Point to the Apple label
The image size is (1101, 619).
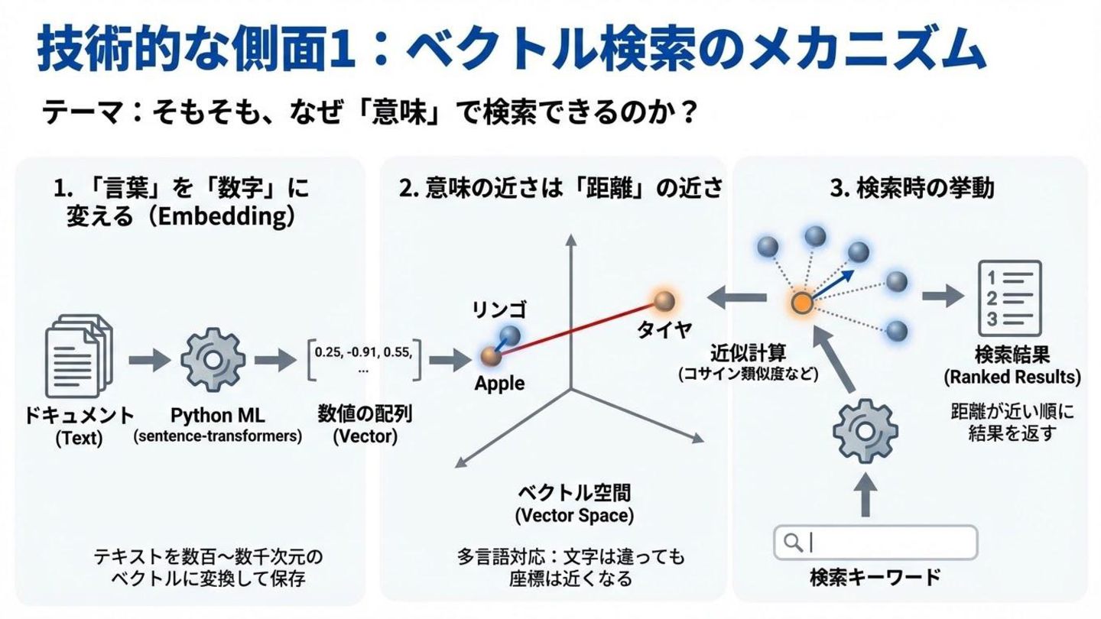[x=499, y=383]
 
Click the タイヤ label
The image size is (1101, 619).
[x=665, y=329]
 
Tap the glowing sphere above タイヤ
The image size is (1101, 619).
[x=663, y=300]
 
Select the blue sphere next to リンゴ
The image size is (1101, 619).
[x=509, y=335]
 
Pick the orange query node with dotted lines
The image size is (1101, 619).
[x=801, y=303]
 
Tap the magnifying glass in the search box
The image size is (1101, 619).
[x=793, y=542]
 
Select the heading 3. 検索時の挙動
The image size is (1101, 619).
[x=911, y=188]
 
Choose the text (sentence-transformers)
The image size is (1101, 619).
[x=217, y=436]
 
